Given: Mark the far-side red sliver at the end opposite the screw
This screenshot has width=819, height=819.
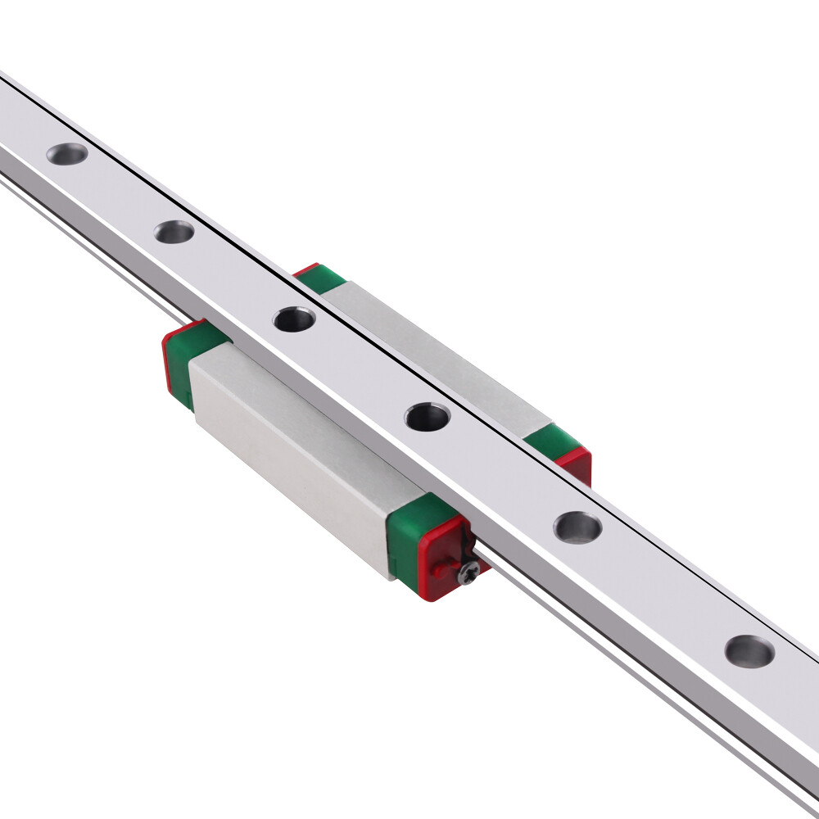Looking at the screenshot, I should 305,269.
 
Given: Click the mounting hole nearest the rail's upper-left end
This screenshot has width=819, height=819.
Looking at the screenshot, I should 67,153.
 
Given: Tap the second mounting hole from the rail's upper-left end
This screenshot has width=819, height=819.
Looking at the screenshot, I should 174,232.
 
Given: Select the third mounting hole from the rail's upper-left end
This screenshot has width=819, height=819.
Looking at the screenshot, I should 294,319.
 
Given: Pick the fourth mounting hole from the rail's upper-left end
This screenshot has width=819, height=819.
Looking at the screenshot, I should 428,418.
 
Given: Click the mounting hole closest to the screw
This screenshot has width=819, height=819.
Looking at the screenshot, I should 577,527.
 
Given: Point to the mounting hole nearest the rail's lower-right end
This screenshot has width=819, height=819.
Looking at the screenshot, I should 749,651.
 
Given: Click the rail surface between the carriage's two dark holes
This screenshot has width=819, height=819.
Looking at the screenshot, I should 360,369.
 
